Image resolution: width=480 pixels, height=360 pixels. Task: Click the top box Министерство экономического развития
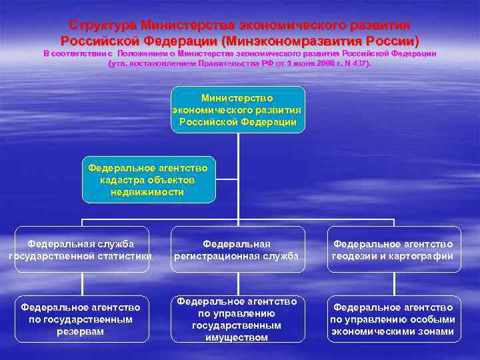[237, 109]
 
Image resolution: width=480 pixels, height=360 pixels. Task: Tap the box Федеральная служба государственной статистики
[81, 249]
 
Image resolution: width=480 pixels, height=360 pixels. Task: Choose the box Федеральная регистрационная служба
[237, 249]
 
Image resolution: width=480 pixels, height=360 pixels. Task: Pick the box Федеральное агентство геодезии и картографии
[393, 249]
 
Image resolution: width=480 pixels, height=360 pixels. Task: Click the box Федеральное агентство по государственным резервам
[81, 319]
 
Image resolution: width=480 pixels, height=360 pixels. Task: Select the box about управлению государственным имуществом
[237, 319]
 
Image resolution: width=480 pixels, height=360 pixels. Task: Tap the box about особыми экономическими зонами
[393, 319]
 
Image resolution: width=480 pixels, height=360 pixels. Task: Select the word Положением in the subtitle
[145, 53]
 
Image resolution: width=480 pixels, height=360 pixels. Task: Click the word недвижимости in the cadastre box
[149, 192]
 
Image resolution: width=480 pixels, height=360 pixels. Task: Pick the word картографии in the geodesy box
[423, 256]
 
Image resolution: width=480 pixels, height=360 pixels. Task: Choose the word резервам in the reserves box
[81, 331]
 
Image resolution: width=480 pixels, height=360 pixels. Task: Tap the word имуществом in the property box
[237, 337]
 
